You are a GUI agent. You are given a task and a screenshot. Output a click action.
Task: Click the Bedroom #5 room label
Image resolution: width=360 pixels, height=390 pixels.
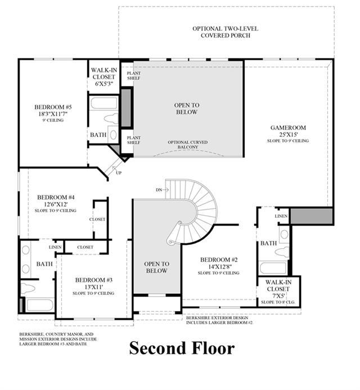pos(53,107)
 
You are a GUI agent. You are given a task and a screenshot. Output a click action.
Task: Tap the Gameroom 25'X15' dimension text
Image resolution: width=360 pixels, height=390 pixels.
pos(288,135)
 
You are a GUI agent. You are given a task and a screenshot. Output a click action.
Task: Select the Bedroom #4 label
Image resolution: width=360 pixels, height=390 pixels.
pos(56,198)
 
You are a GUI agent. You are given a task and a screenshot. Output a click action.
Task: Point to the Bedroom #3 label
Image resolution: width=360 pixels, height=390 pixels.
pos(94,280)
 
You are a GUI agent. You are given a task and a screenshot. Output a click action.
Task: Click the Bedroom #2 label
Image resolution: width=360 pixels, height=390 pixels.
pos(219,260)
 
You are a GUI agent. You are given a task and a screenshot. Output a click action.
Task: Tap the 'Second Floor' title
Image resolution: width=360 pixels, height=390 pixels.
pos(182,348)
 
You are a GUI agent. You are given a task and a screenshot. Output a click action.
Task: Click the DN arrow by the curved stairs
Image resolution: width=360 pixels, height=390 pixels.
pos(166,190)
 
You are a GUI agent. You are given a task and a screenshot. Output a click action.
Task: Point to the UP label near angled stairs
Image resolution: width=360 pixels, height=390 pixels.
pos(119,173)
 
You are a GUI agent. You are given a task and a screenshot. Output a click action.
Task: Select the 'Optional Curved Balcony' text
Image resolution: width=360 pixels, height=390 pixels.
pos(188,145)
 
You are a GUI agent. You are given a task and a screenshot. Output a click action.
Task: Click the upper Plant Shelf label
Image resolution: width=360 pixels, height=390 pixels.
pos(134,75)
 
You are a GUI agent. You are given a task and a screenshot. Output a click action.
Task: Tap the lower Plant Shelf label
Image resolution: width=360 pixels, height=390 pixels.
pos(134,140)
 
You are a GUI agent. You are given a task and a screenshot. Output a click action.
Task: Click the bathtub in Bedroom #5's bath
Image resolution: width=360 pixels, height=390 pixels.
pos(103,102)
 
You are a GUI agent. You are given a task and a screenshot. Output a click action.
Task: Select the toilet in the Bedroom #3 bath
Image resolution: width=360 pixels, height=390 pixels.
pos(28,288)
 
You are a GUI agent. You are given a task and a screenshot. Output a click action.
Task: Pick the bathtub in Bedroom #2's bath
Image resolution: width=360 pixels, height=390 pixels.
pos(273,268)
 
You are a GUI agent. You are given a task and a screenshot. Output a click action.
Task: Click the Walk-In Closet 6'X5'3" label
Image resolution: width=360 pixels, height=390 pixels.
pos(103,77)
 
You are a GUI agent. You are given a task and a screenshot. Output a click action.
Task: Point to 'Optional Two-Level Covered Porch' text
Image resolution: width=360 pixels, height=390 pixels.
pos(226,32)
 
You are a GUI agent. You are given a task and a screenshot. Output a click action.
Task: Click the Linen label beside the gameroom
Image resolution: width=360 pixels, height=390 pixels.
pos(281,216)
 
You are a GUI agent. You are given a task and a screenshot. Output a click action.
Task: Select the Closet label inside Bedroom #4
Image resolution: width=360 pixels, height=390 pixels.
pos(97,219)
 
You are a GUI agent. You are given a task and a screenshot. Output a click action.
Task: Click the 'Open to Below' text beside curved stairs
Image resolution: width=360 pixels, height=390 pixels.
pos(156,267)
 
